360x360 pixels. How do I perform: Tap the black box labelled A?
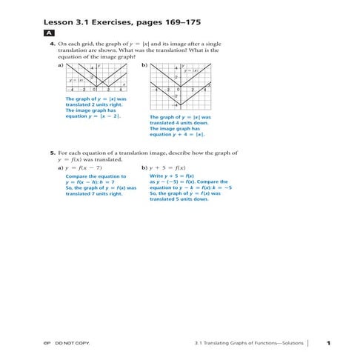click(x=48, y=34)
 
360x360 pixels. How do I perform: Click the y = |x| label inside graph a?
click(x=75, y=80)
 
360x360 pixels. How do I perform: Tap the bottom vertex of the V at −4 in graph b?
click(x=179, y=106)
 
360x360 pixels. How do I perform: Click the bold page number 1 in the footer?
click(x=327, y=342)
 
